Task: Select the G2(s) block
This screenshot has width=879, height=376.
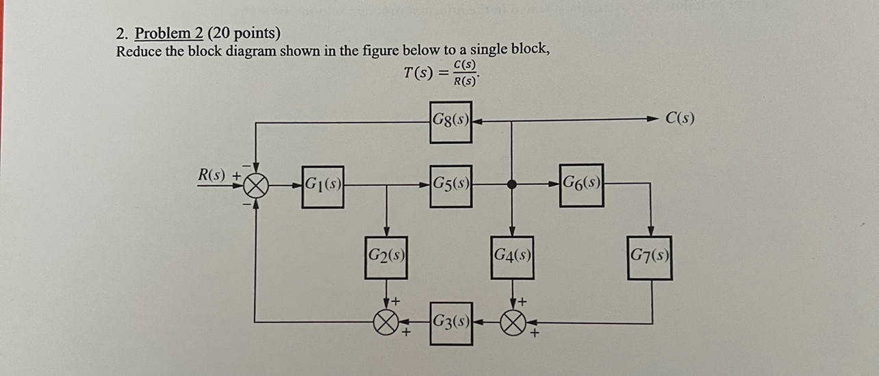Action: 386,257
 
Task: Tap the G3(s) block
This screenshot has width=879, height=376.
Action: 450,322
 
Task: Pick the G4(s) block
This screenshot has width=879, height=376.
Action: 512,257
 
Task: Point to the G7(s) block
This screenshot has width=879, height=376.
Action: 650,258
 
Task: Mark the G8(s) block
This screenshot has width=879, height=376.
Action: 450,122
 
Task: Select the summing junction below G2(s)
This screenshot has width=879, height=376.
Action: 386,321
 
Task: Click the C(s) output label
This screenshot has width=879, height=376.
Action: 680,118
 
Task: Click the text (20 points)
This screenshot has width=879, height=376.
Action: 244,34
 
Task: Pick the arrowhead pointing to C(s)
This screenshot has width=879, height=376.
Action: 652,119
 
